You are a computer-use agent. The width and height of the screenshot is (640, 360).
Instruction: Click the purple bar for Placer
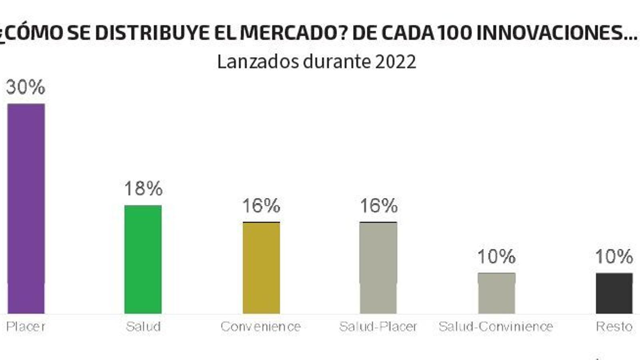click(26, 208)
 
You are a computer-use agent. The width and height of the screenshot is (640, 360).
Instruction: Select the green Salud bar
click(143, 259)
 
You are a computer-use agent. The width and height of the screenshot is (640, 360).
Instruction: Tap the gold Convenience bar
click(261, 268)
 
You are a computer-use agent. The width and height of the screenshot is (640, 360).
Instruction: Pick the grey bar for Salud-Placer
click(378, 268)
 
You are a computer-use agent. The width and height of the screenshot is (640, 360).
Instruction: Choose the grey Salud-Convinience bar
click(496, 293)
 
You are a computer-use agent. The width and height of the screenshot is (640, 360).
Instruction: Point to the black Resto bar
click(614, 293)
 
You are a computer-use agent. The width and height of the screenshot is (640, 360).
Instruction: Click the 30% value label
click(26, 87)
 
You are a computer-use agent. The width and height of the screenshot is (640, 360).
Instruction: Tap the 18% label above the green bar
click(143, 188)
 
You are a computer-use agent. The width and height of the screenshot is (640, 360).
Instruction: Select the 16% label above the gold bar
click(261, 206)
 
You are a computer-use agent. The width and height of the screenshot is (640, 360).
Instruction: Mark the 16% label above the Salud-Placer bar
click(378, 206)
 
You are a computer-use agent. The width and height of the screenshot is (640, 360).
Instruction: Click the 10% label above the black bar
click(614, 256)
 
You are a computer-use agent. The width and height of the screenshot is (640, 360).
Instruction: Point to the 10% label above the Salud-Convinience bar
click(496, 256)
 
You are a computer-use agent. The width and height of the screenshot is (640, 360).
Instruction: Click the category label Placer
click(26, 327)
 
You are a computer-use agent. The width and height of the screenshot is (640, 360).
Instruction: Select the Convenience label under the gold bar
click(261, 327)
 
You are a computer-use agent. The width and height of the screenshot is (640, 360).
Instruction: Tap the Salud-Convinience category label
click(496, 327)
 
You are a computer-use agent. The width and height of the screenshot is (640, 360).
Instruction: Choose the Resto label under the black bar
click(614, 327)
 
